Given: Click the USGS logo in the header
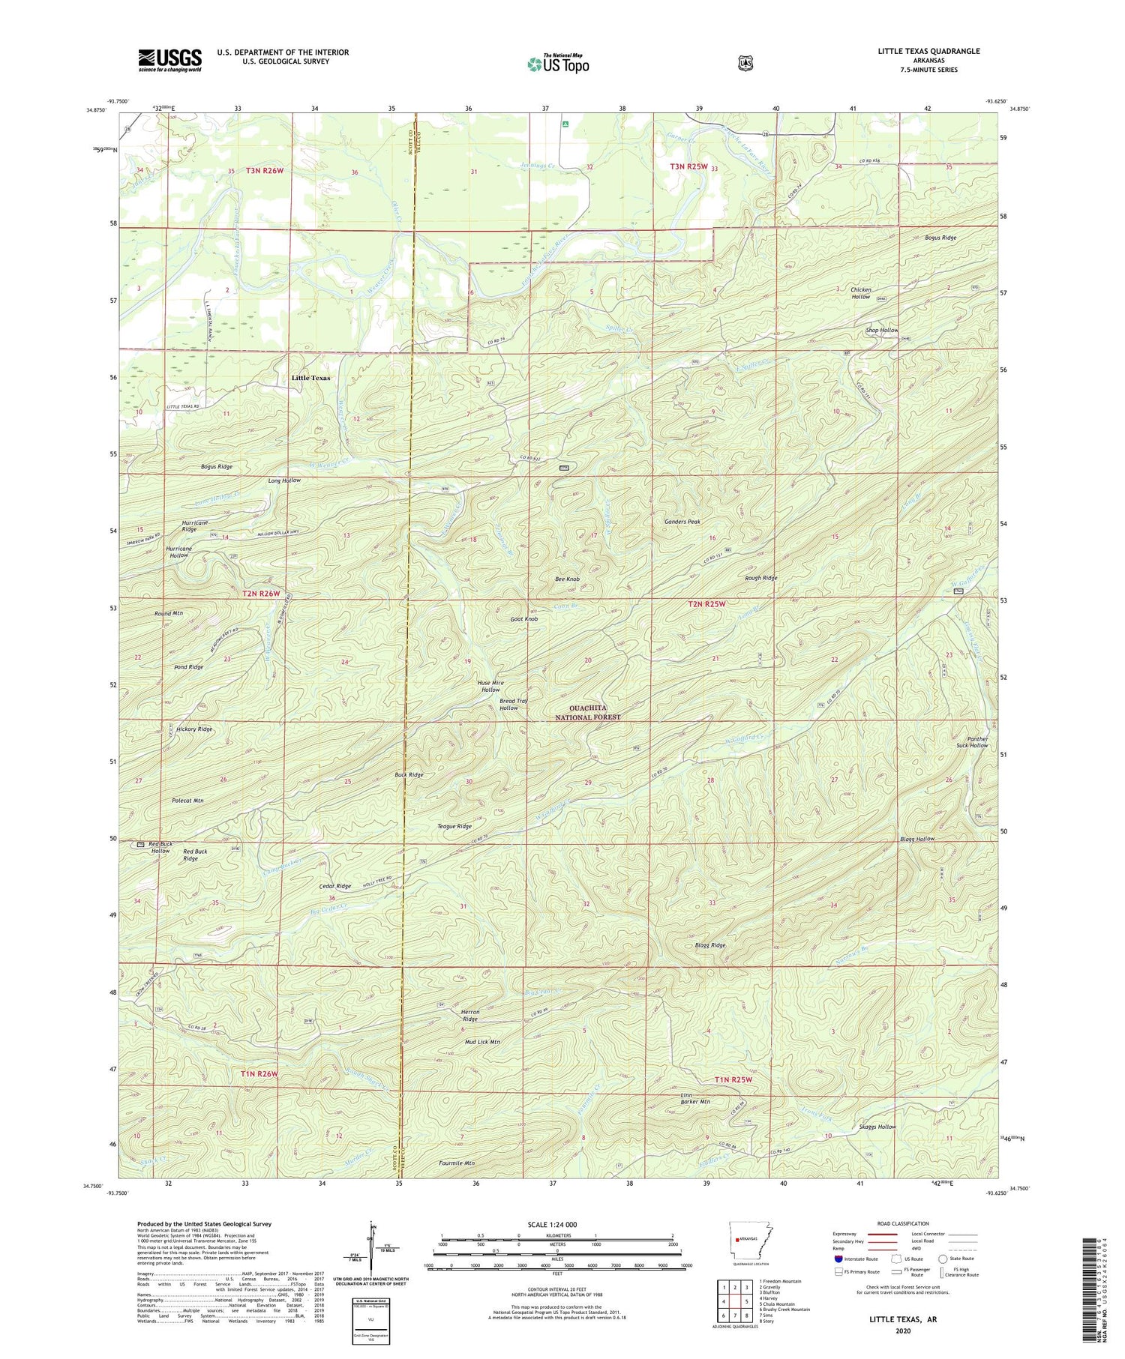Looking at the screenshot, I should pos(169,59).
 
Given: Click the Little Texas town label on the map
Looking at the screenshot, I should pos(310,378).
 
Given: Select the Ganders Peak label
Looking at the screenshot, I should pos(682,522).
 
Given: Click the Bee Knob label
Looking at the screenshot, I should pos(566,579).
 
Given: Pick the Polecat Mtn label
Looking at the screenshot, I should pos(187,801).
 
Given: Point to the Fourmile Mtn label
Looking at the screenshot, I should pos(457,1163).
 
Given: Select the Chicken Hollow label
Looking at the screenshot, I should pos(860,293).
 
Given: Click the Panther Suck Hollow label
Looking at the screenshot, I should pos(977,742).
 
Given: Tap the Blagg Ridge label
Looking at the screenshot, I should pos(710,945).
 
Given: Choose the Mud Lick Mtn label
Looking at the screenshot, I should pos(482,1042).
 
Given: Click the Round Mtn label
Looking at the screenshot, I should pos(169,613).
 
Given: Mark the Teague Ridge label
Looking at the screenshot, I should pos(454,826).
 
